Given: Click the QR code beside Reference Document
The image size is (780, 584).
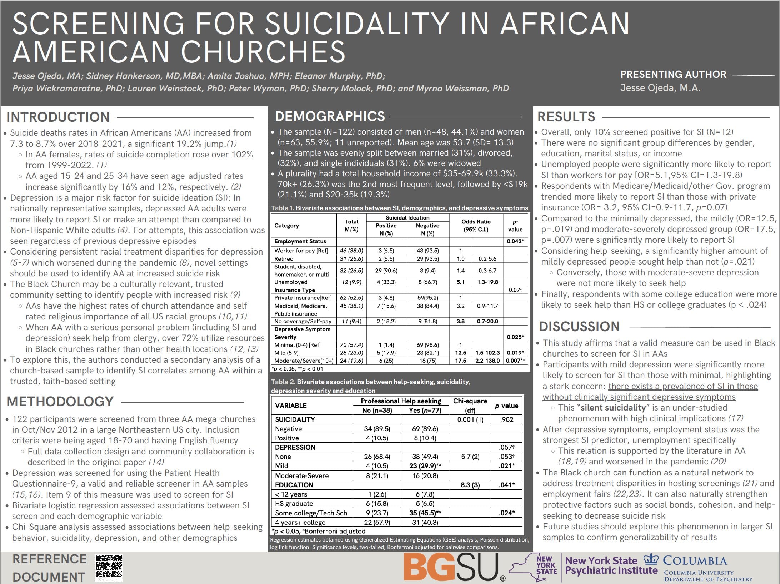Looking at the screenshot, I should (x=109, y=568).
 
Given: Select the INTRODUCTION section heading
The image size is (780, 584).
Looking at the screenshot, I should (x=58, y=117).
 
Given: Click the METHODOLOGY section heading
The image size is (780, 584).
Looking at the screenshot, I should (x=60, y=402).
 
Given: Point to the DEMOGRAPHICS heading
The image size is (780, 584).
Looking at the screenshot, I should (x=330, y=116).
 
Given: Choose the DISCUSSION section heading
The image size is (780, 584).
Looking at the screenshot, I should (x=579, y=327).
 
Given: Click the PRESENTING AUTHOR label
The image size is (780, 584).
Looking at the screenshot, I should (x=673, y=74).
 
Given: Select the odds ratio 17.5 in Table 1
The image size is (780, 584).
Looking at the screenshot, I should (x=460, y=361).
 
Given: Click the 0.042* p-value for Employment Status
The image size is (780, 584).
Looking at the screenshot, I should (x=515, y=241).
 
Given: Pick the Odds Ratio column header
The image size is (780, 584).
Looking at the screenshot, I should (x=476, y=225).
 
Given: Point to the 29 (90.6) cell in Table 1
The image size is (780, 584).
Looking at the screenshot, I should (x=386, y=271).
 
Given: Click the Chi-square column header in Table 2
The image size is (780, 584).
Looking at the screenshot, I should (x=470, y=405).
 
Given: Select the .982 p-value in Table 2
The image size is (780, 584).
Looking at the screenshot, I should (x=507, y=419).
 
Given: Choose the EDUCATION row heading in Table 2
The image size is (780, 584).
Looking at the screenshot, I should (x=294, y=485).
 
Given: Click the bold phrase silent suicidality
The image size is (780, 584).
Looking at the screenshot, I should (x=613, y=408).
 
